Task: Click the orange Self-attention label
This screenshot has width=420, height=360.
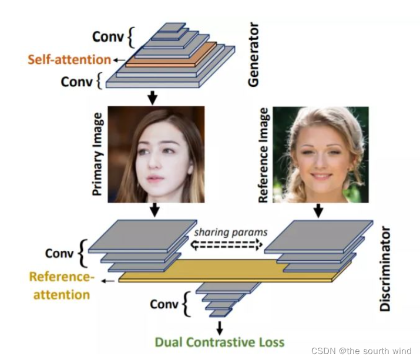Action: pyautogui.click(x=69, y=59)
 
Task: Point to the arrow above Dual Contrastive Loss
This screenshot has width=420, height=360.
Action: pyautogui.click(x=220, y=327)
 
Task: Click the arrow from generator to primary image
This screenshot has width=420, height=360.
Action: pyautogui.click(x=152, y=97)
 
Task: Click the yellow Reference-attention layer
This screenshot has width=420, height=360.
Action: pyautogui.click(x=229, y=270)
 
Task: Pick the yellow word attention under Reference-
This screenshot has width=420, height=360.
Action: pyautogui.click(x=62, y=293)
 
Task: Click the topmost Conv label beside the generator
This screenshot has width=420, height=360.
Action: pyautogui.click(x=108, y=37)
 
